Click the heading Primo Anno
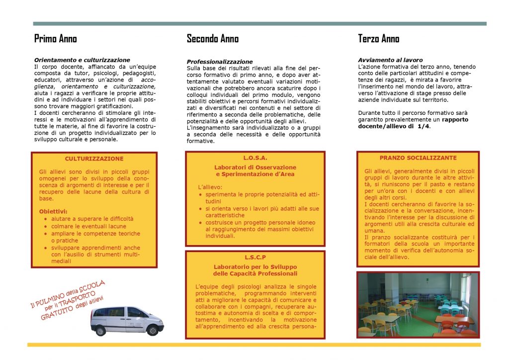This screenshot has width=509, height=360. [x=55, y=39]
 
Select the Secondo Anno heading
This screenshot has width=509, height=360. [x=212, y=39]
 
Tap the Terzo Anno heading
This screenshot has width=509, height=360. [x=378, y=39]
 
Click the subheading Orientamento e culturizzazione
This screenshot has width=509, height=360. [x=82, y=60]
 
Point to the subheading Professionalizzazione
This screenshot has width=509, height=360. [x=220, y=62]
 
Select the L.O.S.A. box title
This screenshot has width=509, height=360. [x=255, y=158]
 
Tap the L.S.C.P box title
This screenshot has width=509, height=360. [x=255, y=257]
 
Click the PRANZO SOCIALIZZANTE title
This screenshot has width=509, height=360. [x=418, y=158]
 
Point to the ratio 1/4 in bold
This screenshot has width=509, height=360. [x=424, y=126]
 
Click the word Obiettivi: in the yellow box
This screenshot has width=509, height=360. [x=53, y=211]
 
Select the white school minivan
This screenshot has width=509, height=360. [x=126, y=321]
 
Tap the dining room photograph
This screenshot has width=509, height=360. [x=418, y=304]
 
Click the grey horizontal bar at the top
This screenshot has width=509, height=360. [x=259, y=23]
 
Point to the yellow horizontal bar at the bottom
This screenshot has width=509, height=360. [x=254, y=344]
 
